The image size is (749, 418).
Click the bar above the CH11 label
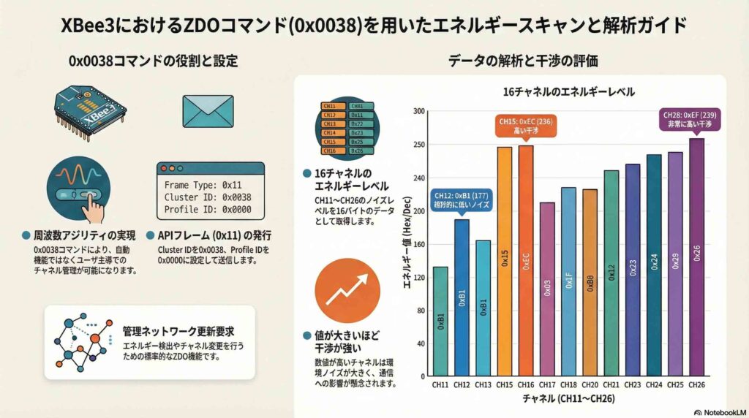[440, 321]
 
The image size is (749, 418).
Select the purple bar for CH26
[697, 256]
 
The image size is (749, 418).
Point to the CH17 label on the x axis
[547, 385]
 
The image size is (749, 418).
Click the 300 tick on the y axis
[418, 111]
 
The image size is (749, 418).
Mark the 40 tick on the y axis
[420, 343]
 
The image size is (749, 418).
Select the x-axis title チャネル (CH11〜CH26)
[568, 400]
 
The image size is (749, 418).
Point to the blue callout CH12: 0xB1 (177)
[462, 200]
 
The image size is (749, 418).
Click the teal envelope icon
[207, 110]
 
